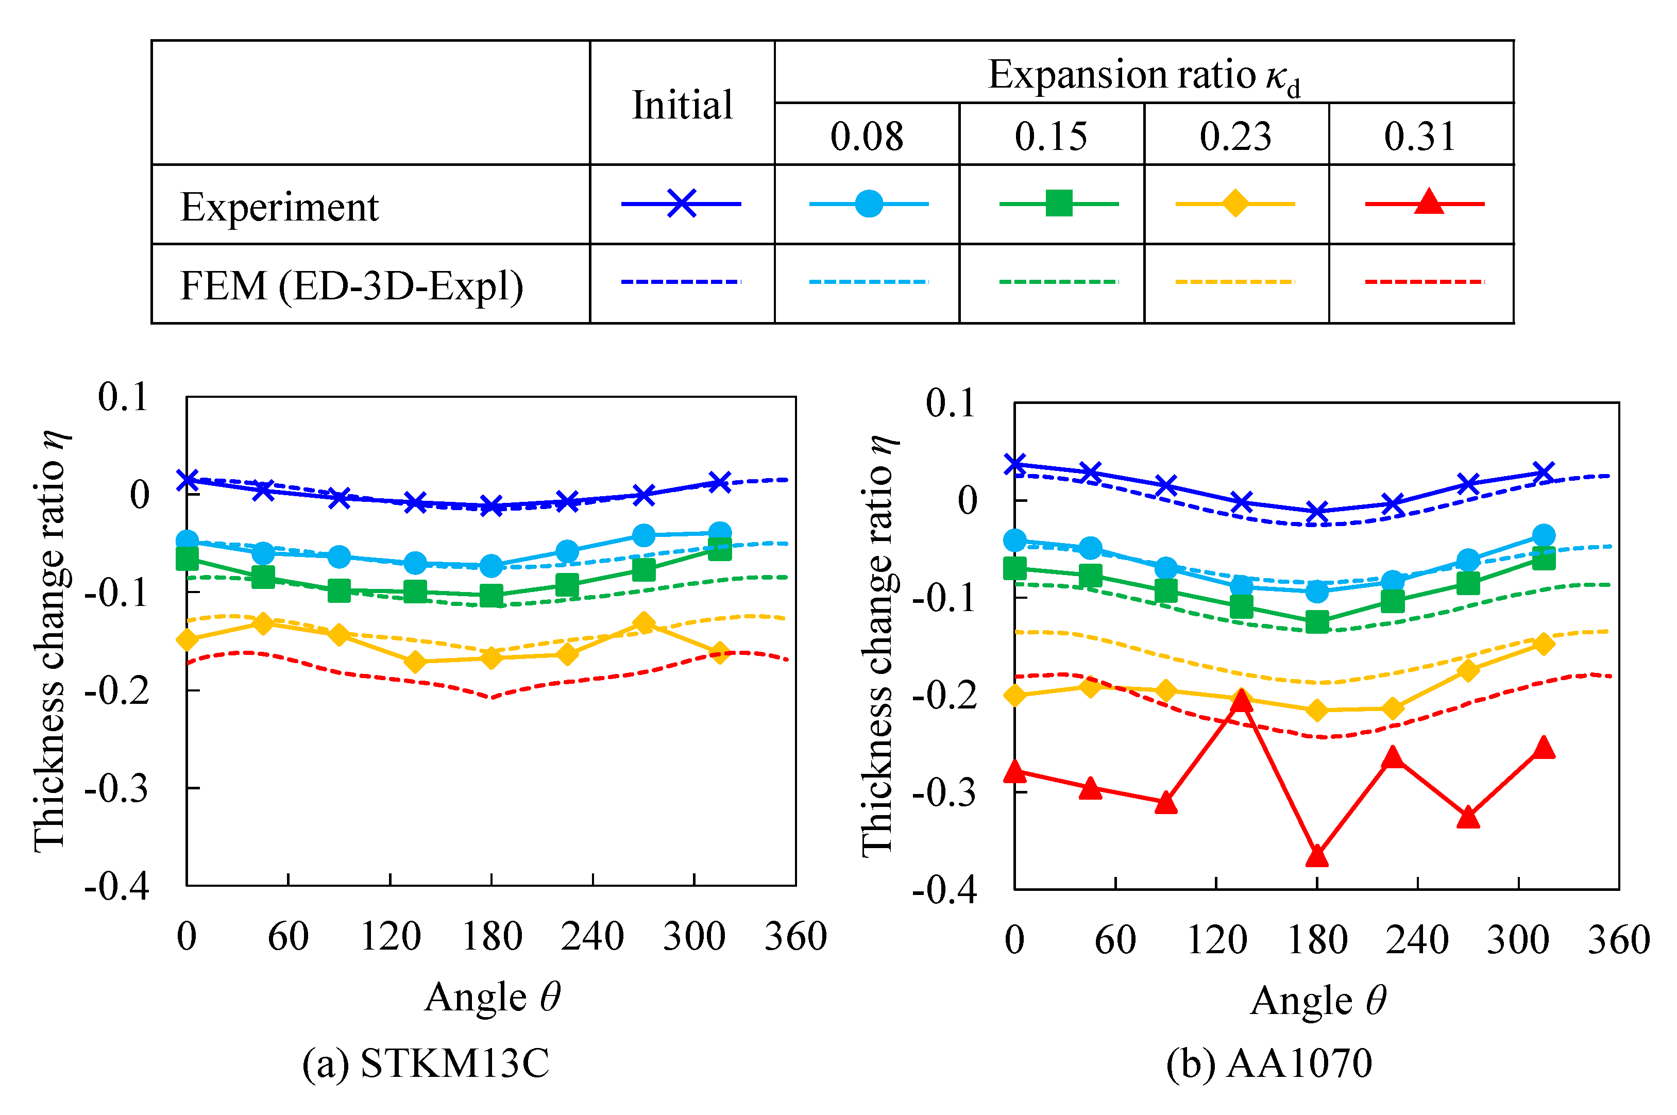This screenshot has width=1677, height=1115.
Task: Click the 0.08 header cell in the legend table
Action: pyautogui.click(x=866, y=136)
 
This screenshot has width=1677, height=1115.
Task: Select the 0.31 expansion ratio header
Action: pyautogui.click(x=1420, y=136)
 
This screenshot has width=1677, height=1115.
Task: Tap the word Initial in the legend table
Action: pyautogui.click(x=682, y=105)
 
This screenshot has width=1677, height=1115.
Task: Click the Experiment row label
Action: pyautogui.click(x=279, y=207)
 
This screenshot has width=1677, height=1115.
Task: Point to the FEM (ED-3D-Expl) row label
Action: pyautogui.click(x=352, y=286)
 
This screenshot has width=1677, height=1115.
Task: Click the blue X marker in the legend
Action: pyautogui.click(x=681, y=204)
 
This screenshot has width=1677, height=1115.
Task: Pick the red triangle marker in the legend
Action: pyautogui.click(x=1429, y=202)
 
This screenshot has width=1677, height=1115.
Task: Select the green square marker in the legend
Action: pyautogui.click(x=1059, y=204)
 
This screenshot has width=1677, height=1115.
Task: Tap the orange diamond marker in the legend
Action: pyautogui.click(x=1235, y=204)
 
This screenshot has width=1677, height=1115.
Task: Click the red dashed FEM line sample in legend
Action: pyautogui.click(x=1425, y=282)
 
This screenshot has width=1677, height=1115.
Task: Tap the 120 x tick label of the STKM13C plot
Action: pyautogui.click(x=391, y=937)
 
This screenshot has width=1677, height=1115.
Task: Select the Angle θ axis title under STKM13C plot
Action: pyautogui.click(x=493, y=997)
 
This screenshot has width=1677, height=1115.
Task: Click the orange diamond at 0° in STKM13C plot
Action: pyautogui.click(x=187, y=640)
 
